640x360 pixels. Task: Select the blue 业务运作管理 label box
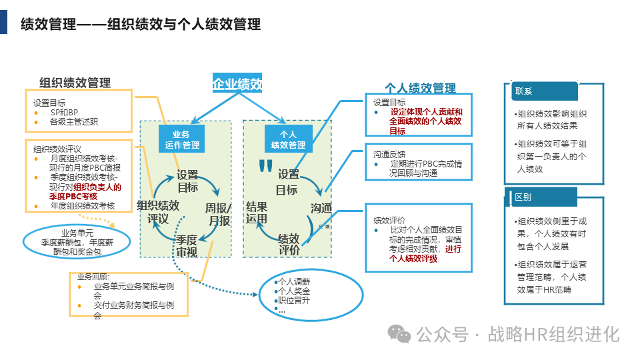click(x=181, y=139)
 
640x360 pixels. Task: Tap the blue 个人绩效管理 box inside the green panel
click(x=288, y=139)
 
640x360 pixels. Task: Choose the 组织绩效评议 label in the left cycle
click(x=158, y=211)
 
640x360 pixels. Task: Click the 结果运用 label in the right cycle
click(x=257, y=212)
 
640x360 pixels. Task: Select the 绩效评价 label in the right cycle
click(x=288, y=244)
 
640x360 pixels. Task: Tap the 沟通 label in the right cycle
click(x=321, y=209)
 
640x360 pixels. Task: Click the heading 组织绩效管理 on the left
click(x=75, y=83)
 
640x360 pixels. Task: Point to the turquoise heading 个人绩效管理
click(x=420, y=88)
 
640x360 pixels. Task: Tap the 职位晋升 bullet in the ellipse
click(x=293, y=300)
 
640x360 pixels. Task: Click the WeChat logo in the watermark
click(x=401, y=333)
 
